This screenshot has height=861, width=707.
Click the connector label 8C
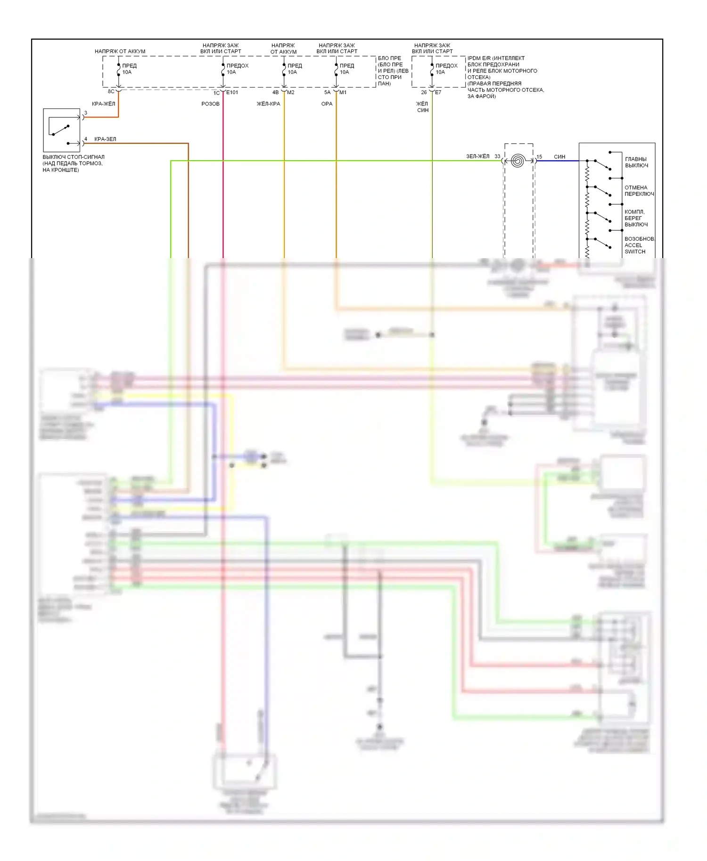[111, 91]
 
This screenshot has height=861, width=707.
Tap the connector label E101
[232, 92]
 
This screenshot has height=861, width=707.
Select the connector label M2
[291, 92]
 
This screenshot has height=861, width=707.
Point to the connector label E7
[438, 92]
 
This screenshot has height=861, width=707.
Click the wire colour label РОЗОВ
[210, 104]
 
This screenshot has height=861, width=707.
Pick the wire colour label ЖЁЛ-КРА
[268, 104]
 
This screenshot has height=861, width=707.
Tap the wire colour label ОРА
[327, 104]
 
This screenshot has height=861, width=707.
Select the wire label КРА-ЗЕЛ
[105, 139]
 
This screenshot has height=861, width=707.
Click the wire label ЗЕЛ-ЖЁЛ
[477, 156]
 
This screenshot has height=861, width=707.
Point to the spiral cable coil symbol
[518, 161]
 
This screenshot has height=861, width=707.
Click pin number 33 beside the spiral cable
[497, 156]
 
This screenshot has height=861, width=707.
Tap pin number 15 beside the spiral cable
[539, 157]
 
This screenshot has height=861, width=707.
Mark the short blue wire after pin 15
[559, 161]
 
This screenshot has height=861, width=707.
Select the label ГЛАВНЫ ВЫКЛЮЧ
[636, 162]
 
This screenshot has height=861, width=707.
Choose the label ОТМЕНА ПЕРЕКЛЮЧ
[639, 191]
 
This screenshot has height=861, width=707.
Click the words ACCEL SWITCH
[635, 248]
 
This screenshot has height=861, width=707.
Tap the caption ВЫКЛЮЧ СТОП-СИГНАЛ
[74, 157]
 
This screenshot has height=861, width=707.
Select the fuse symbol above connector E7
[432, 70]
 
